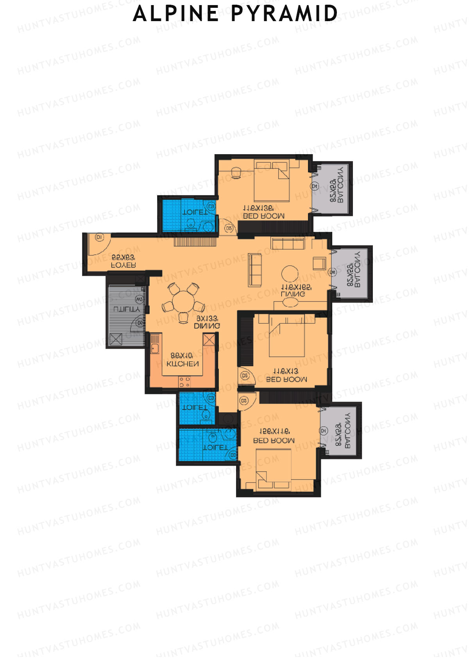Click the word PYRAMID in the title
(284, 14)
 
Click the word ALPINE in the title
(176, 14)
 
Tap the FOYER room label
(124, 265)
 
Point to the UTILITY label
(126, 309)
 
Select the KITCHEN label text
(183, 364)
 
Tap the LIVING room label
(293, 293)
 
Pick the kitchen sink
(155, 343)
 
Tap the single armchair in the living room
(319, 263)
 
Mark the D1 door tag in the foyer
(99, 237)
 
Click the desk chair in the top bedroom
(236, 173)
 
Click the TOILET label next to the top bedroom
(195, 212)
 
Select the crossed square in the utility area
(116, 339)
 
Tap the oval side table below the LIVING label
(290, 302)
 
